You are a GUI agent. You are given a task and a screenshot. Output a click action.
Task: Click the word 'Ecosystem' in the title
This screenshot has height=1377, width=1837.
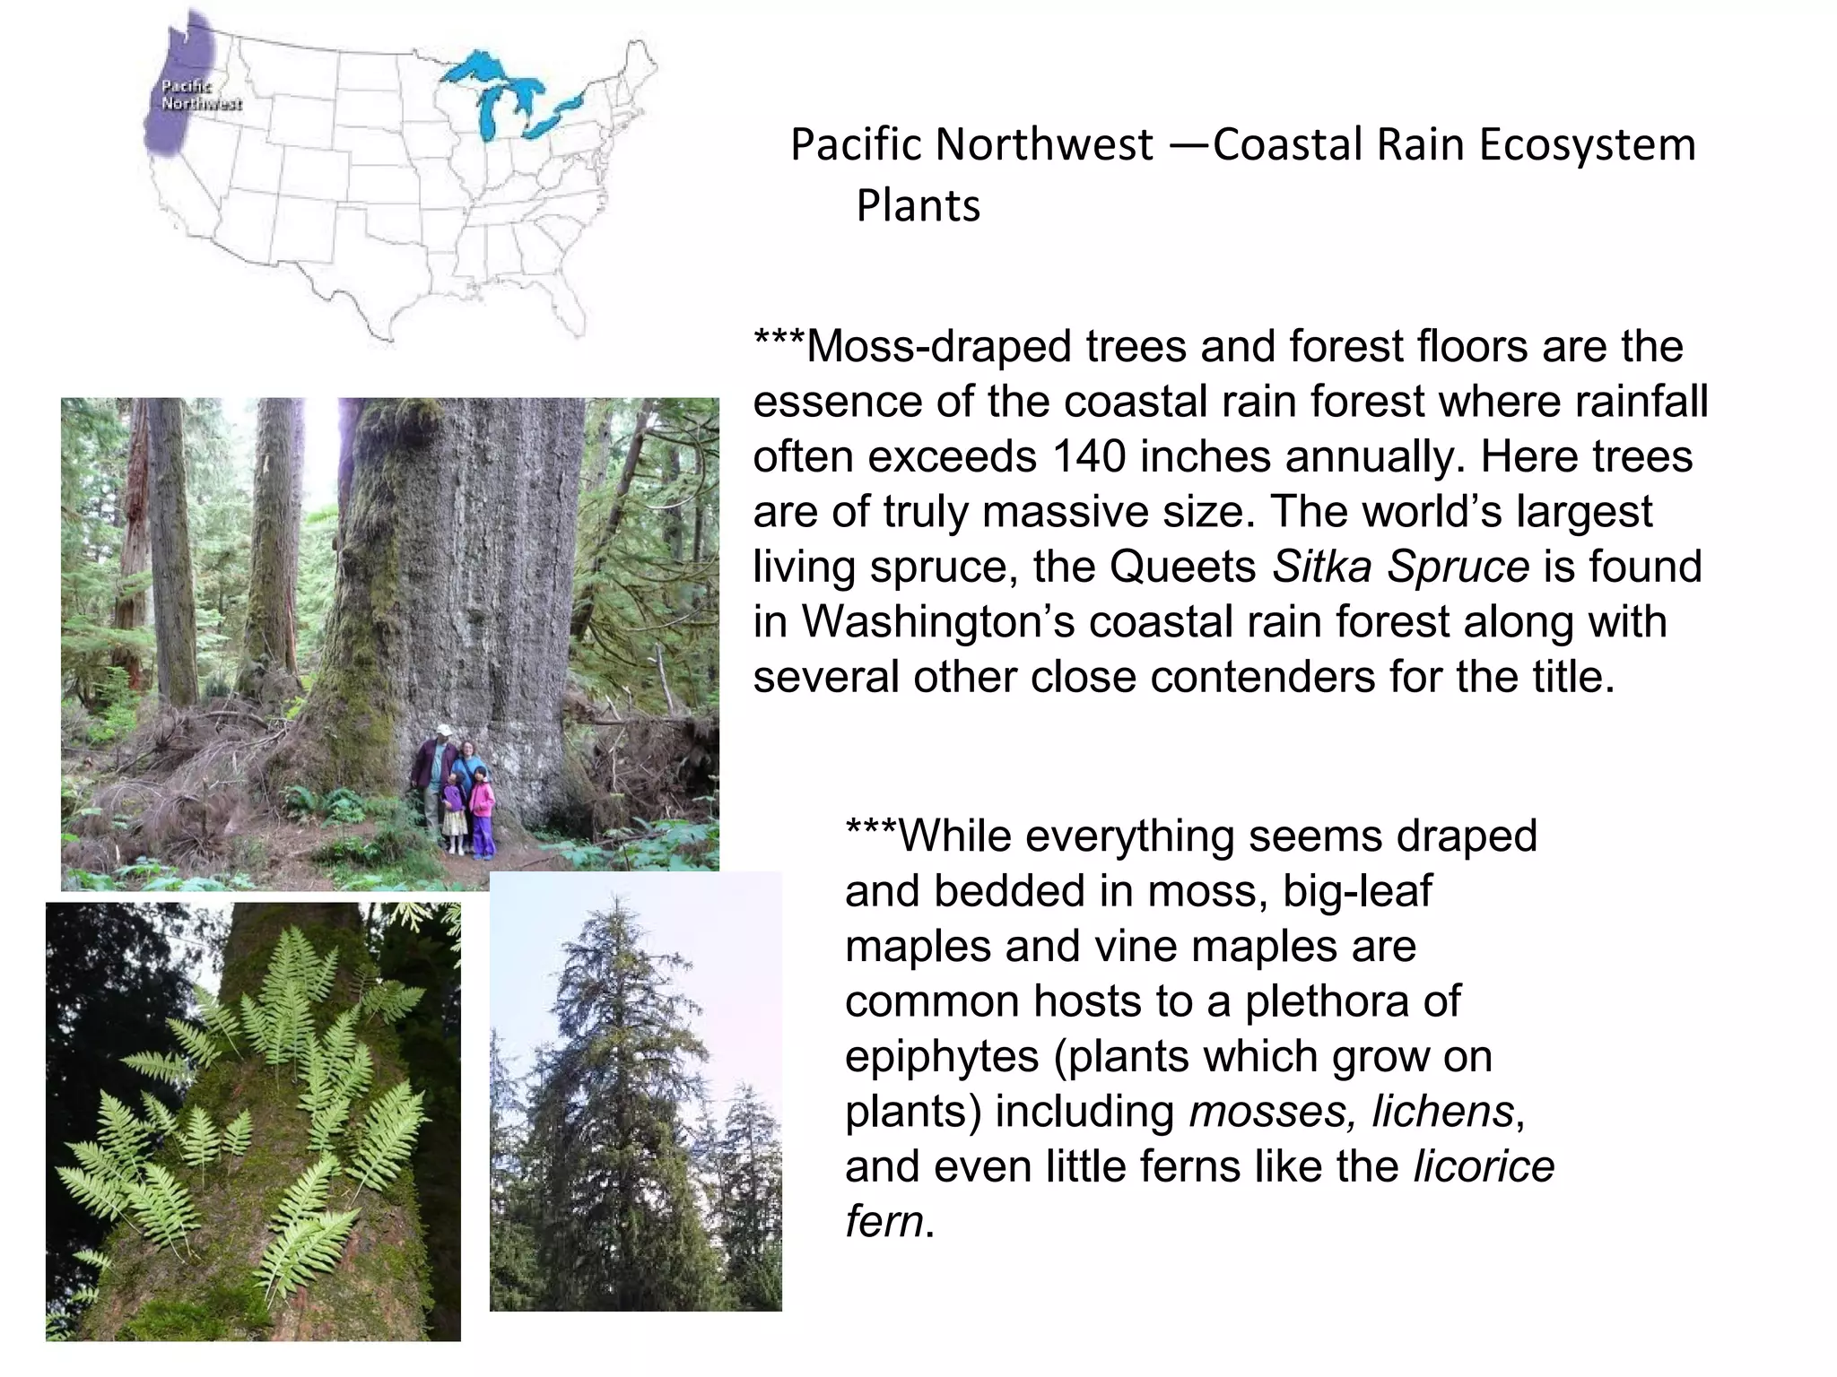[1587, 145]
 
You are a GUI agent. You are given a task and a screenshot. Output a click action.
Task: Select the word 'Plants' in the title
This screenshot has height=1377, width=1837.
[918, 206]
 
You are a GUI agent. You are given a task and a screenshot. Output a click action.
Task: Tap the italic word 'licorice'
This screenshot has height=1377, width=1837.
[1484, 1167]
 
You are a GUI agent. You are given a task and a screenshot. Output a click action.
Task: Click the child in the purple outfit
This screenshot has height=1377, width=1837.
[454, 807]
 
